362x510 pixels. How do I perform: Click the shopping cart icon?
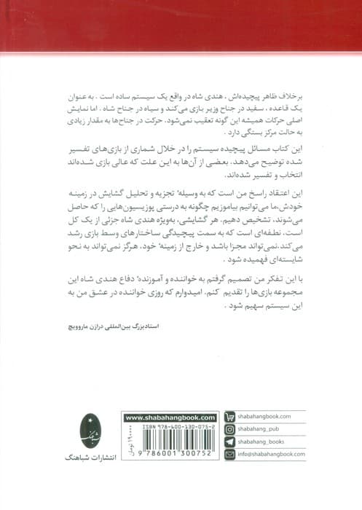point(229,417)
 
